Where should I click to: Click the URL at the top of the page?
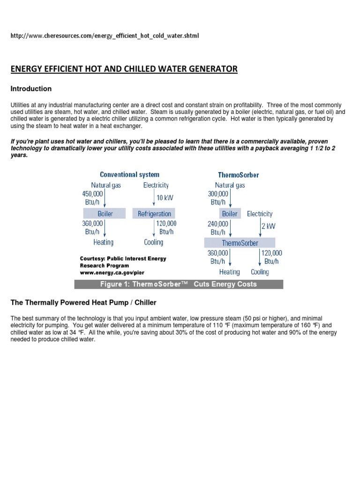pyautogui.click(x=105, y=36)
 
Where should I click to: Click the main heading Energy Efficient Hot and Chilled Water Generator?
pyautogui.click(x=124, y=69)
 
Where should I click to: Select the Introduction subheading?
pyautogui.click(x=31, y=89)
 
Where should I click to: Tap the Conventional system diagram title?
pyautogui.click(x=129, y=175)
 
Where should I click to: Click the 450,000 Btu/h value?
pyautogui.click(x=92, y=197)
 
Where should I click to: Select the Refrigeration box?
pyautogui.click(x=154, y=214)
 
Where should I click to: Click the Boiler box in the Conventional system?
pyautogui.click(x=105, y=214)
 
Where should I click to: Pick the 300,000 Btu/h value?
pyautogui.click(x=217, y=197)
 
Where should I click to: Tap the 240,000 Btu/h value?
pyautogui.click(x=217, y=228)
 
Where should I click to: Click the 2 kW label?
pyautogui.click(x=268, y=226)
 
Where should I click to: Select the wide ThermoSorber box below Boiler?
pyautogui.click(x=240, y=243)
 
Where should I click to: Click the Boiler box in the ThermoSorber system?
pyautogui.click(x=230, y=214)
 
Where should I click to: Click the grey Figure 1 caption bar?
pyautogui.click(x=179, y=284)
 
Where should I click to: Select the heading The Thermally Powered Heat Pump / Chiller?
pyautogui.click(x=83, y=303)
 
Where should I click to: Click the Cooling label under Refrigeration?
pyautogui.click(x=153, y=242)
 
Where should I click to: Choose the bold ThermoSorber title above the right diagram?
pyautogui.click(x=238, y=175)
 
